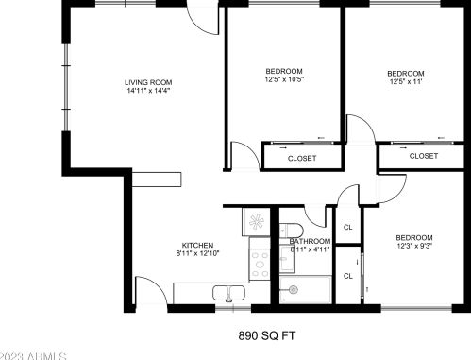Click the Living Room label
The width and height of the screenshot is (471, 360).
148,82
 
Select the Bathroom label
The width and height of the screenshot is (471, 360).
310,242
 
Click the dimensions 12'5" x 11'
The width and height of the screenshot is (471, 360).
405,83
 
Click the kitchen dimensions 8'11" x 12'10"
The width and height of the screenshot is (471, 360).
196,254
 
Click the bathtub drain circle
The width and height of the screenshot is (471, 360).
294,288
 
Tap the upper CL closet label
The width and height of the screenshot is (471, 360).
347,227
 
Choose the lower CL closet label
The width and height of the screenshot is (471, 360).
347,276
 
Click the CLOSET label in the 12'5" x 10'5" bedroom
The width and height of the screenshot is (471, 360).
301,158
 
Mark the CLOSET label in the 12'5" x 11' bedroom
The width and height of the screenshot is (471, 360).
424,156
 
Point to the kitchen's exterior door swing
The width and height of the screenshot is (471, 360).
150,289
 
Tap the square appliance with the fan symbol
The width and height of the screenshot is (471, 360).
256,222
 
